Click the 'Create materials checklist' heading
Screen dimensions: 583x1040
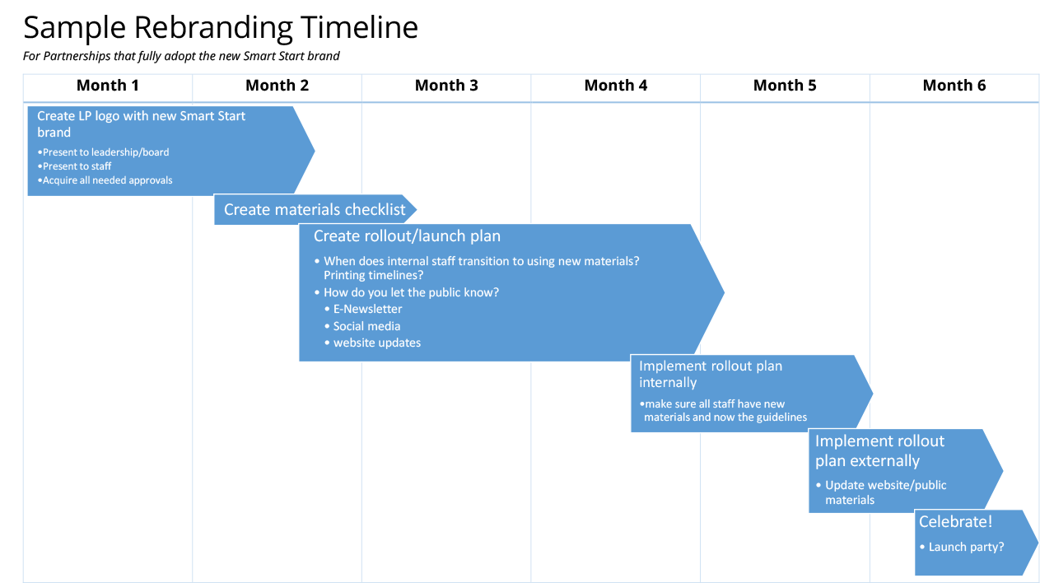315,210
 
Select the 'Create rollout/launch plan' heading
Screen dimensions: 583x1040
407,236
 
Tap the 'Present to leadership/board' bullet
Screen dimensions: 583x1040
104,152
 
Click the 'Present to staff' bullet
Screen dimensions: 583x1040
76,166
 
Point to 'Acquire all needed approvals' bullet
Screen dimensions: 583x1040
105,180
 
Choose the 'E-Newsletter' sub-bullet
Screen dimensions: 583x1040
367,309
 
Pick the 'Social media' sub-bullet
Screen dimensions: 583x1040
366,326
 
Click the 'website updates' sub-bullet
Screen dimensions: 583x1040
376,343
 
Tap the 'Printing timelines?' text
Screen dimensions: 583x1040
374,276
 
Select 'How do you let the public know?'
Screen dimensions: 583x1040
411,292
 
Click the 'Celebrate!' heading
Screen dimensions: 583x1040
956,522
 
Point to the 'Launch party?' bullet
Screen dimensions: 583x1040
966,547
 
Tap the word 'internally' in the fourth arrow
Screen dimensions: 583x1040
668,383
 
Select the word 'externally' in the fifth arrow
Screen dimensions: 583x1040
884,461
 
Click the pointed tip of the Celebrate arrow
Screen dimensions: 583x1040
1037,543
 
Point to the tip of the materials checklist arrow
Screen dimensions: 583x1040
417,210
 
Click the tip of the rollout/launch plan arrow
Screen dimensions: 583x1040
725,292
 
